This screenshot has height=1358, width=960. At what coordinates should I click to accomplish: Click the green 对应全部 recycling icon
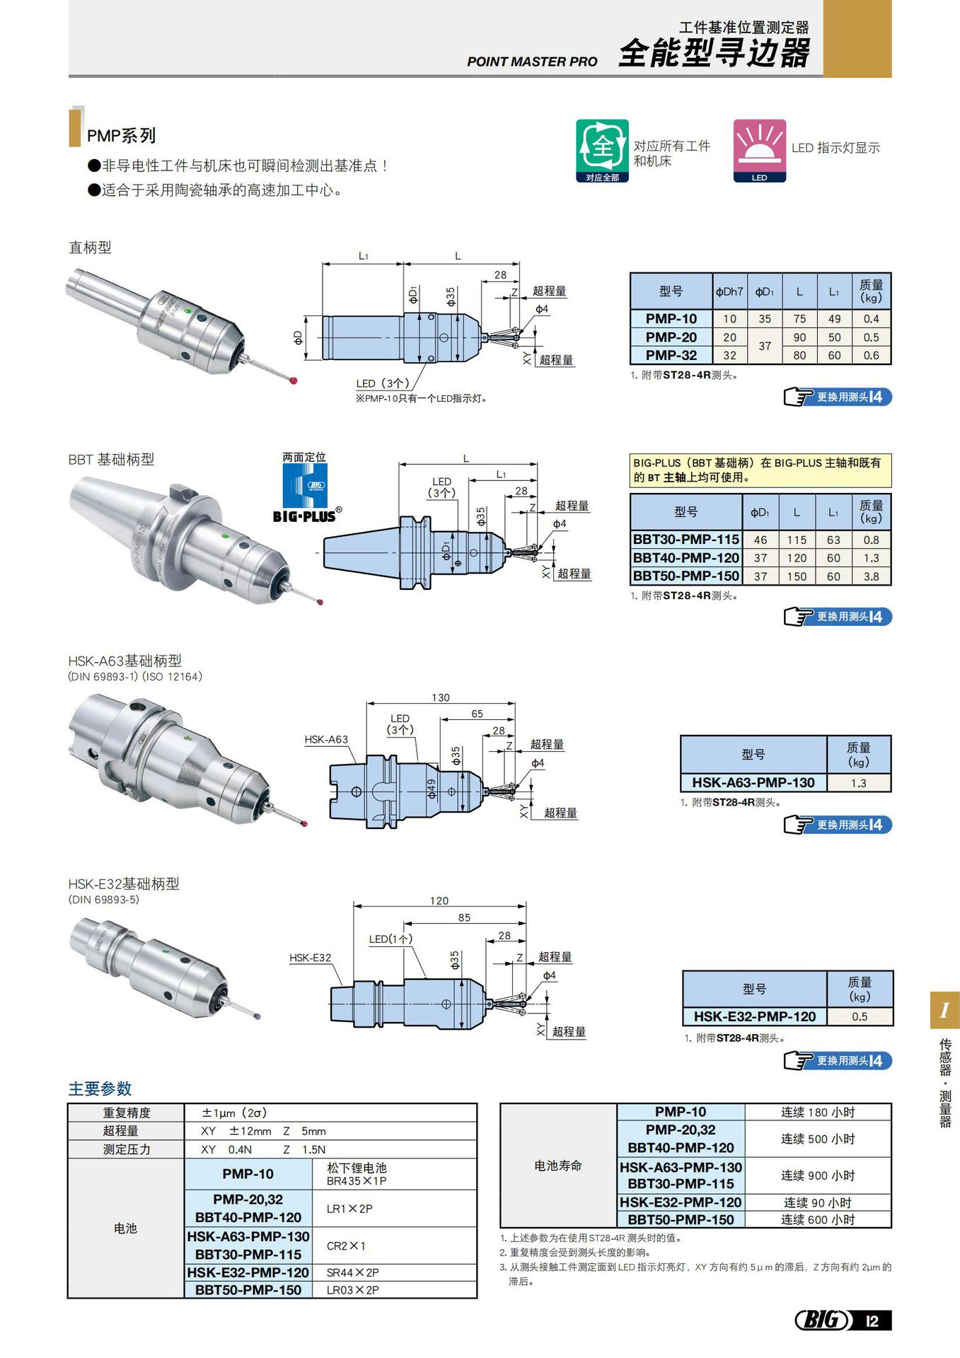(x=602, y=150)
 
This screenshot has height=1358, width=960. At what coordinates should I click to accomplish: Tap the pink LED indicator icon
(x=759, y=150)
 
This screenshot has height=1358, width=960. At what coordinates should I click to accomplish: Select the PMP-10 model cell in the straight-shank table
(x=671, y=319)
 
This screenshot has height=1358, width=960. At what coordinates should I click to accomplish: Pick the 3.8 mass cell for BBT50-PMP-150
(x=871, y=576)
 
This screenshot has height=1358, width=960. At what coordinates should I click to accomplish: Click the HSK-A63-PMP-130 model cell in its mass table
(x=753, y=783)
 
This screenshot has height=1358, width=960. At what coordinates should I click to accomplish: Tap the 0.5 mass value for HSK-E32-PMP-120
(x=860, y=1017)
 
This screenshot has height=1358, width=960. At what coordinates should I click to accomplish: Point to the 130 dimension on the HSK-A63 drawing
(x=441, y=697)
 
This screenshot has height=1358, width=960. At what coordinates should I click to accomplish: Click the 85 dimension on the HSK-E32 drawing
(x=464, y=917)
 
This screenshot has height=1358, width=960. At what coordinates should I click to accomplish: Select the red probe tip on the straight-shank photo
(x=294, y=381)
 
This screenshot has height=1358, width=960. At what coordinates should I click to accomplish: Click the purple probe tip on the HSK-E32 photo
(x=256, y=1016)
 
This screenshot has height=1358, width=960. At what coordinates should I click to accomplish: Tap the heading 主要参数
(x=100, y=1089)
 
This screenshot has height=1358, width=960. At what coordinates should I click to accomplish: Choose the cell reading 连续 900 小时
(x=818, y=1176)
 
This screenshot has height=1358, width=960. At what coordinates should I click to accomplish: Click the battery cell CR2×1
(x=346, y=1246)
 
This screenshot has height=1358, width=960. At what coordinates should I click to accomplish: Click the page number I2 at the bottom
(x=872, y=1321)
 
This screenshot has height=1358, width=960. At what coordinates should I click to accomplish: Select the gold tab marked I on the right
(x=944, y=1010)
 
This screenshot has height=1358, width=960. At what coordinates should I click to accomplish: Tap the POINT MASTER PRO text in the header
(x=532, y=62)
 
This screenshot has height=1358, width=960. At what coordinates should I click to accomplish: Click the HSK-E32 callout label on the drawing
(x=310, y=958)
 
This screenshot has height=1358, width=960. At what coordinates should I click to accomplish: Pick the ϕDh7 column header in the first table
(x=729, y=291)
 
